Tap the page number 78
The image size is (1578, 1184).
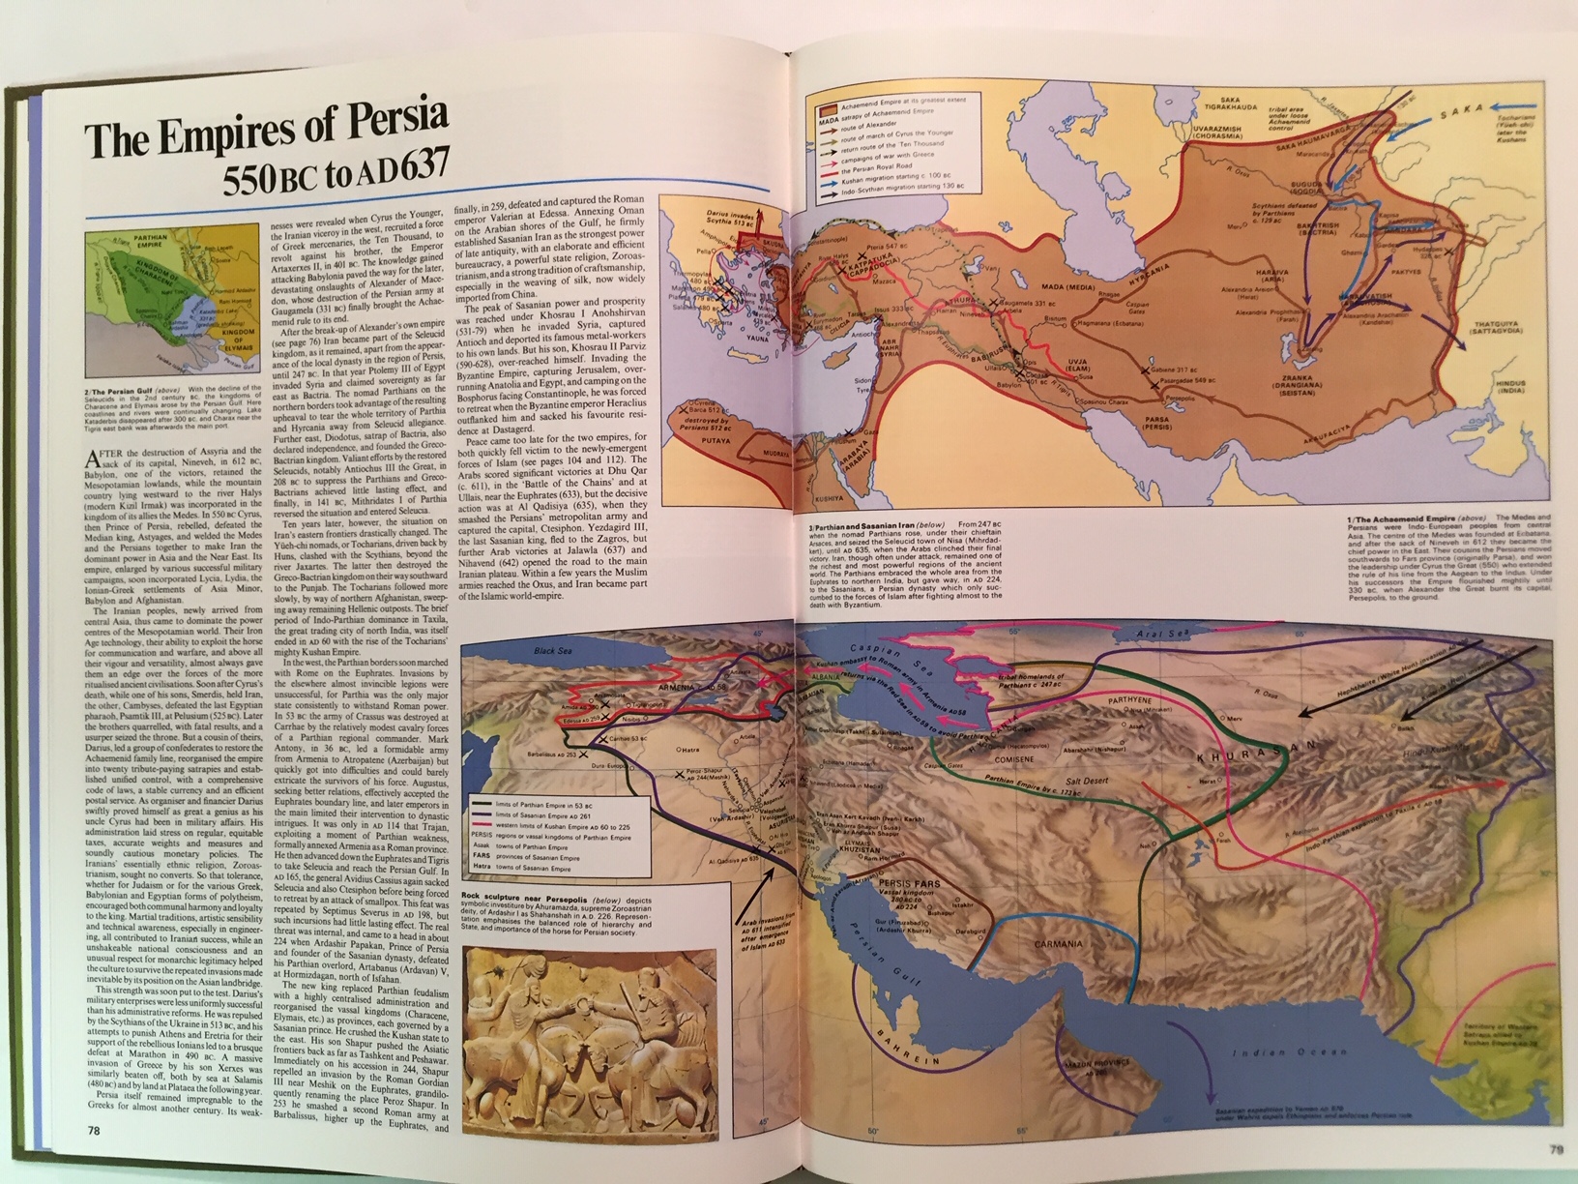click(94, 1129)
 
